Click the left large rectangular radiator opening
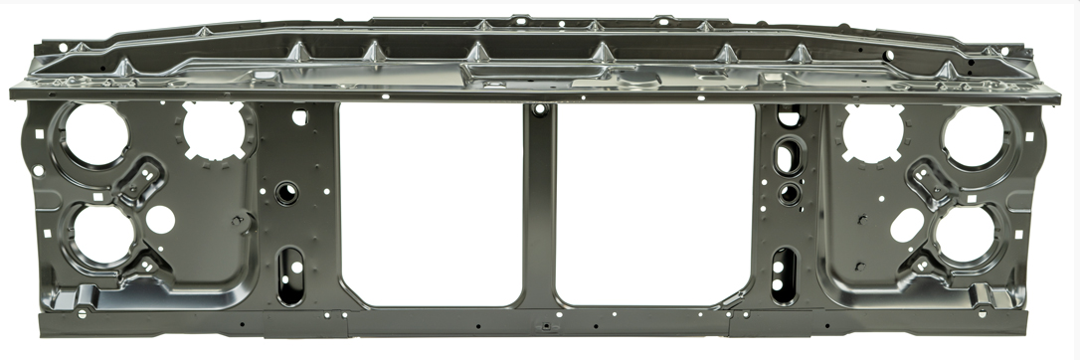431,204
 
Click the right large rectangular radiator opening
653,204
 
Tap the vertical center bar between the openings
540,209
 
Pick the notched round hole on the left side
213,130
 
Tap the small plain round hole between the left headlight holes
160,220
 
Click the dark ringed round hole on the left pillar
286,192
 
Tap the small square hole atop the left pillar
299,117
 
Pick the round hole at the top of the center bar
539,109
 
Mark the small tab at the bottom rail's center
543,325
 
